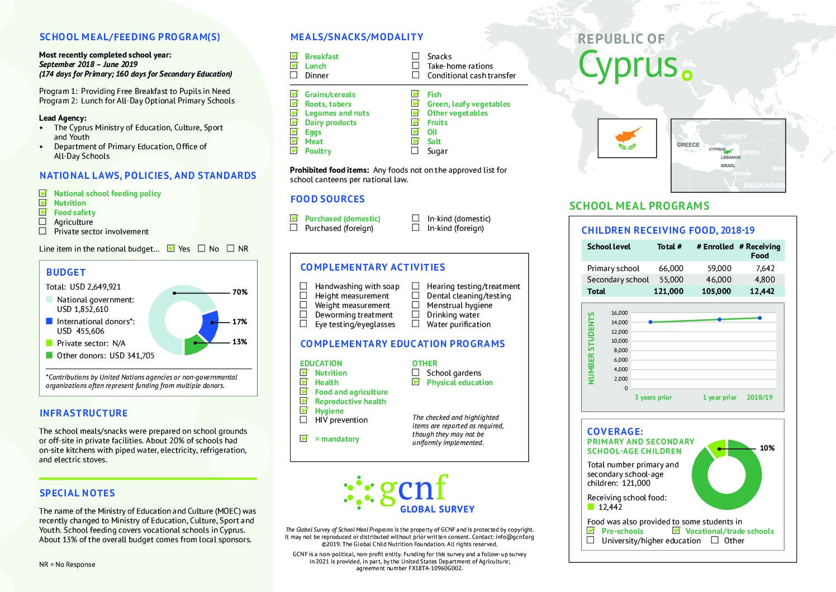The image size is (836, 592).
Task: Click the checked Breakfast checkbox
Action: (x=294, y=56)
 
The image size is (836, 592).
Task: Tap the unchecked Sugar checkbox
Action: (x=415, y=151)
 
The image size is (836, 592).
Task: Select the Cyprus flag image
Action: (x=626, y=138)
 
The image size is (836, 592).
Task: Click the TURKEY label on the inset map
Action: (x=733, y=137)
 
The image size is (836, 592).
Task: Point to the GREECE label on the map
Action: (x=688, y=145)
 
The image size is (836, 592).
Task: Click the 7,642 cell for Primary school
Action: (x=765, y=268)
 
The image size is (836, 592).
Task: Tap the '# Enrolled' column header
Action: (x=715, y=247)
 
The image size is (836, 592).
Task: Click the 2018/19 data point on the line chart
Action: (x=760, y=318)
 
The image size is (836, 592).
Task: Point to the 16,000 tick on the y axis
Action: (x=619, y=313)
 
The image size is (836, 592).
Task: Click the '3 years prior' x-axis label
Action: (x=653, y=397)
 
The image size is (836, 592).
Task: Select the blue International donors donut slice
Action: (x=209, y=326)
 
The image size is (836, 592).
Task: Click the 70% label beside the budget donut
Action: (x=240, y=292)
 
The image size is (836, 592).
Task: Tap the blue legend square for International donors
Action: (x=49, y=321)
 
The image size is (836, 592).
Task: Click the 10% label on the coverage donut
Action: (x=767, y=448)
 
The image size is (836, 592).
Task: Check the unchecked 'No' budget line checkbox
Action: (x=202, y=249)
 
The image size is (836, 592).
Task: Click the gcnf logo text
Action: (x=414, y=489)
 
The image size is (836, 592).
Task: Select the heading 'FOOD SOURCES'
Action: (x=327, y=199)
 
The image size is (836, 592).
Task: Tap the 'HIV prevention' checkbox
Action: (x=303, y=420)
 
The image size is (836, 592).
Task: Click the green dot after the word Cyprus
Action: (x=687, y=75)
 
